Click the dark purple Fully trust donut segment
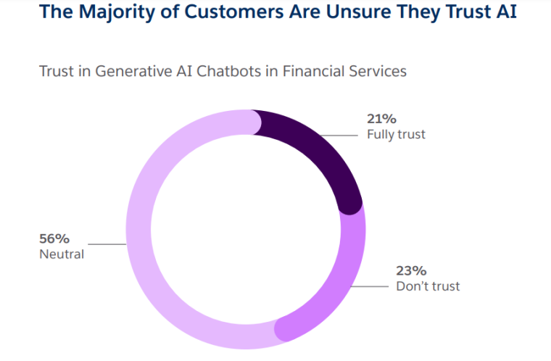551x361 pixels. click(x=319, y=149)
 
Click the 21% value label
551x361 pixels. click(x=381, y=120)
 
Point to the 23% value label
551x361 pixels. click(x=410, y=270)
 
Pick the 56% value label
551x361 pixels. click(x=54, y=238)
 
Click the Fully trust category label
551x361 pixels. click(x=396, y=135)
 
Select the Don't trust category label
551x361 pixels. click(x=428, y=286)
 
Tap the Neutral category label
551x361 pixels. click(x=62, y=254)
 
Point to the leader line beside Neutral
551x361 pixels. click(x=109, y=244)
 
